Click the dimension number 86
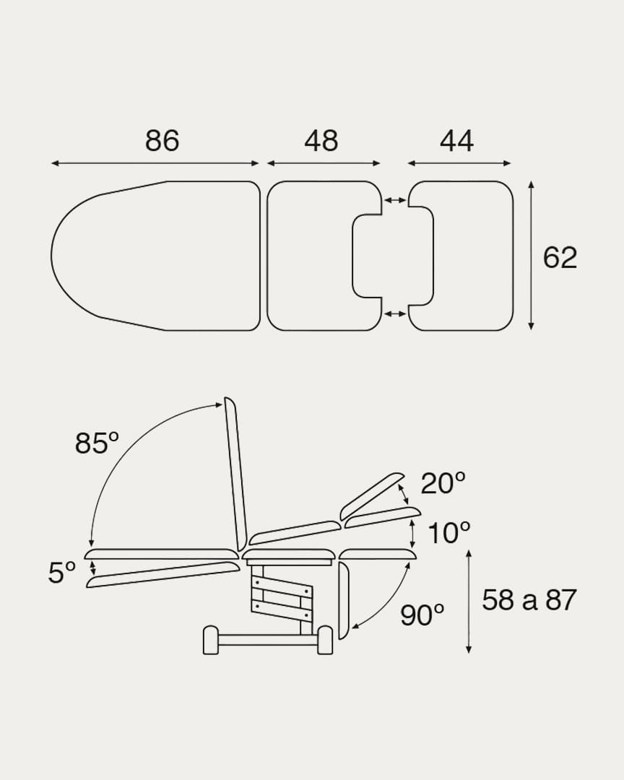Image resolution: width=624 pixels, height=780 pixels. [162, 141]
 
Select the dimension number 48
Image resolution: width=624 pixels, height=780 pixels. [321, 141]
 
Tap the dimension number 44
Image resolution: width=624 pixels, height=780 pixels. [456, 141]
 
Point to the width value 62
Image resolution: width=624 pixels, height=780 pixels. [560, 258]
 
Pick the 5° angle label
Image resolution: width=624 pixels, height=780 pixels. [62, 573]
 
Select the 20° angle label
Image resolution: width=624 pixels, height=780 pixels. [443, 483]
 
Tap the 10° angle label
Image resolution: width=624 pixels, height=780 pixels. [448, 534]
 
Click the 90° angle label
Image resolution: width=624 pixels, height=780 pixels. [422, 615]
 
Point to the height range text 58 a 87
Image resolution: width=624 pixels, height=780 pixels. [529, 600]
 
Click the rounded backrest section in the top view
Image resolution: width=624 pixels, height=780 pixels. [155, 256]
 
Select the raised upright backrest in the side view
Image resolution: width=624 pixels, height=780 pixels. [235, 473]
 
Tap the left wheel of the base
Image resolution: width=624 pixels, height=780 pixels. [211, 640]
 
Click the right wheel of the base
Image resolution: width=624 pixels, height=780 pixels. [325, 640]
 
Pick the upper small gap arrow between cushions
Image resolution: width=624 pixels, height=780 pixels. [394, 200]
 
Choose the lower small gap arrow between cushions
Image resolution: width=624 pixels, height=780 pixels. [394, 313]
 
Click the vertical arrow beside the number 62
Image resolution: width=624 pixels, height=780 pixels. [531, 256]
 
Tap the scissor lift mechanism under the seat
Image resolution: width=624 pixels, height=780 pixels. [282, 594]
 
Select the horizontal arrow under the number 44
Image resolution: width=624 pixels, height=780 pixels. [459, 163]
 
